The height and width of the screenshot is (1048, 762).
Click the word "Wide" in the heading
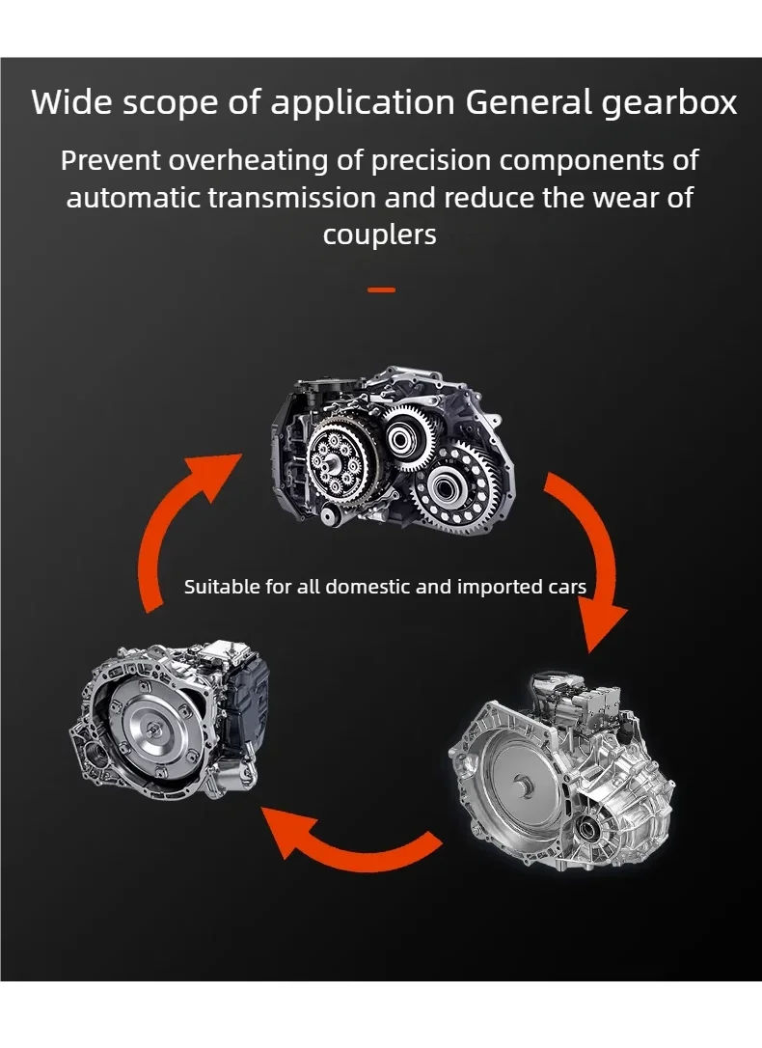69,101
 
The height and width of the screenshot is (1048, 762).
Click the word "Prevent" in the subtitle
110,159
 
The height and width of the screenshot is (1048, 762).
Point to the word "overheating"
251,160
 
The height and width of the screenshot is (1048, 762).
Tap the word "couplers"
380,234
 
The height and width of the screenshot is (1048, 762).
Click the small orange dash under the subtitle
382,290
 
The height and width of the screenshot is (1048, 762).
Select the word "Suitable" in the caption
221,587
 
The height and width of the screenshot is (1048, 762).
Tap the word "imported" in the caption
498,587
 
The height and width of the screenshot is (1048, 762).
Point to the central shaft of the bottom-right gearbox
525,787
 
